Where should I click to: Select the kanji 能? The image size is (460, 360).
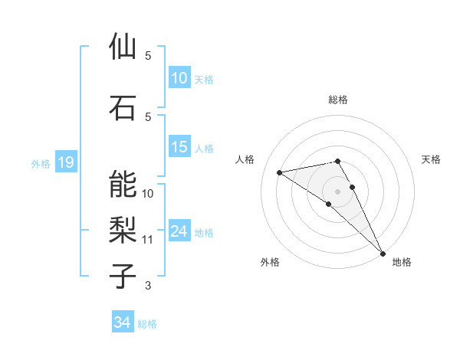click(x=123, y=184)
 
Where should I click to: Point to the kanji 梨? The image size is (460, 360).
click(x=123, y=230)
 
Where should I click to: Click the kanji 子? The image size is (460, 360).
click(x=123, y=275)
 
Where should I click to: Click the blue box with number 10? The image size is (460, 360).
click(x=179, y=78)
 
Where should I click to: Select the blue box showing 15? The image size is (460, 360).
click(x=179, y=147)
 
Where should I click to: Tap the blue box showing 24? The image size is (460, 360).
click(x=179, y=232)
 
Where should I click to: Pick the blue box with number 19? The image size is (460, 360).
click(x=65, y=162)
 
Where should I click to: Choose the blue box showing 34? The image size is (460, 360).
click(x=122, y=322)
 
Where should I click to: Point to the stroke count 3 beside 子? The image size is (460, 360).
click(x=148, y=286)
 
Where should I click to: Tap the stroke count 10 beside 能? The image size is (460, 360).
click(x=148, y=193)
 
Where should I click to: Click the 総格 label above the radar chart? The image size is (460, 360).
click(x=337, y=100)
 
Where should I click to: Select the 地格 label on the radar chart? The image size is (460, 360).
click(x=402, y=262)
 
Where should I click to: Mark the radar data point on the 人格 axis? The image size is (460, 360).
click(x=280, y=172)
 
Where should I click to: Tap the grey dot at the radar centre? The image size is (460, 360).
click(x=337, y=191)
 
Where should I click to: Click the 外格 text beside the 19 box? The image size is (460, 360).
click(x=40, y=163)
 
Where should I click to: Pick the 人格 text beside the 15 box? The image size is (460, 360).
click(x=204, y=148)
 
